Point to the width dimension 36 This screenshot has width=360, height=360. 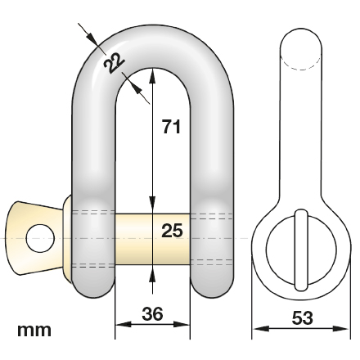pos(152,314)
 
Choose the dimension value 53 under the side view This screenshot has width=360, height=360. pos(302,317)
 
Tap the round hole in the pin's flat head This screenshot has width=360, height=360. pos(39,237)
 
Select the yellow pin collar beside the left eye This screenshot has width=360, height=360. pos(66,237)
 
